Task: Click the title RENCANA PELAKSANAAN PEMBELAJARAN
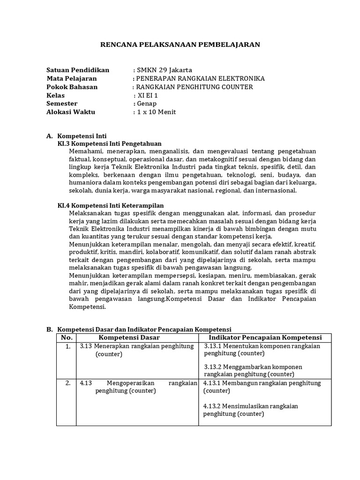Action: coord(180,45)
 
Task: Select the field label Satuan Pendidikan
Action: coord(78,70)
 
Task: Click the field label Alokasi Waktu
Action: coord(71,112)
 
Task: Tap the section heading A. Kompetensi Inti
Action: coord(77,136)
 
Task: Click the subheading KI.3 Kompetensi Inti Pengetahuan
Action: coord(109,143)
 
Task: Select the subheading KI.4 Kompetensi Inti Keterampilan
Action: coord(110,205)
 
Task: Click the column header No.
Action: coord(67,337)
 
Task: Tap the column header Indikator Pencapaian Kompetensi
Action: coord(265,337)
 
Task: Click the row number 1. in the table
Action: coord(68,346)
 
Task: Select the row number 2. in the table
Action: coord(68,383)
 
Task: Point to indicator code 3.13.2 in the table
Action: coord(213,367)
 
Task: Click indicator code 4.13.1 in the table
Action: coord(212,383)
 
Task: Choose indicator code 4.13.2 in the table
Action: coord(212,406)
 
